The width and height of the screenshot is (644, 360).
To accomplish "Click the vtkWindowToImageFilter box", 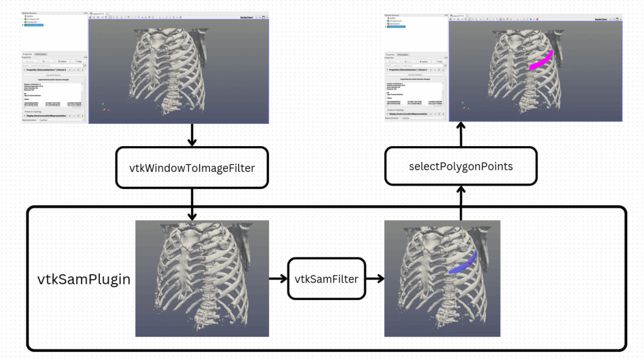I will pyautogui.click(x=192, y=167).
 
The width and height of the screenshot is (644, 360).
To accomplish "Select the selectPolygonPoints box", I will pyautogui.click(x=460, y=166).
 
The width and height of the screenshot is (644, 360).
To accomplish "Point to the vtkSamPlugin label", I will pyautogui.click(x=84, y=279).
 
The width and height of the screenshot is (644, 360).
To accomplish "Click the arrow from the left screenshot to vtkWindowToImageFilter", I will pyautogui.click(x=192, y=135).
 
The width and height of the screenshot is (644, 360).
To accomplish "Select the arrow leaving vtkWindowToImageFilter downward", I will pyautogui.click(x=192, y=203).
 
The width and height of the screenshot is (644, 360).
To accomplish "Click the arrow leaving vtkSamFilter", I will pyautogui.click(x=375, y=278).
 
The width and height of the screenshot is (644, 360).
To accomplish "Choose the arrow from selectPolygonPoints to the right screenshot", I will pyautogui.click(x=460, y=134).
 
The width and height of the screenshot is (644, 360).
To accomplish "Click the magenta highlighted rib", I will pyautogui.click(x=541, y=60).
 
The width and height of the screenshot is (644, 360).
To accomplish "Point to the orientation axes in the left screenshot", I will pyautogui.click(x=105, y=111).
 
